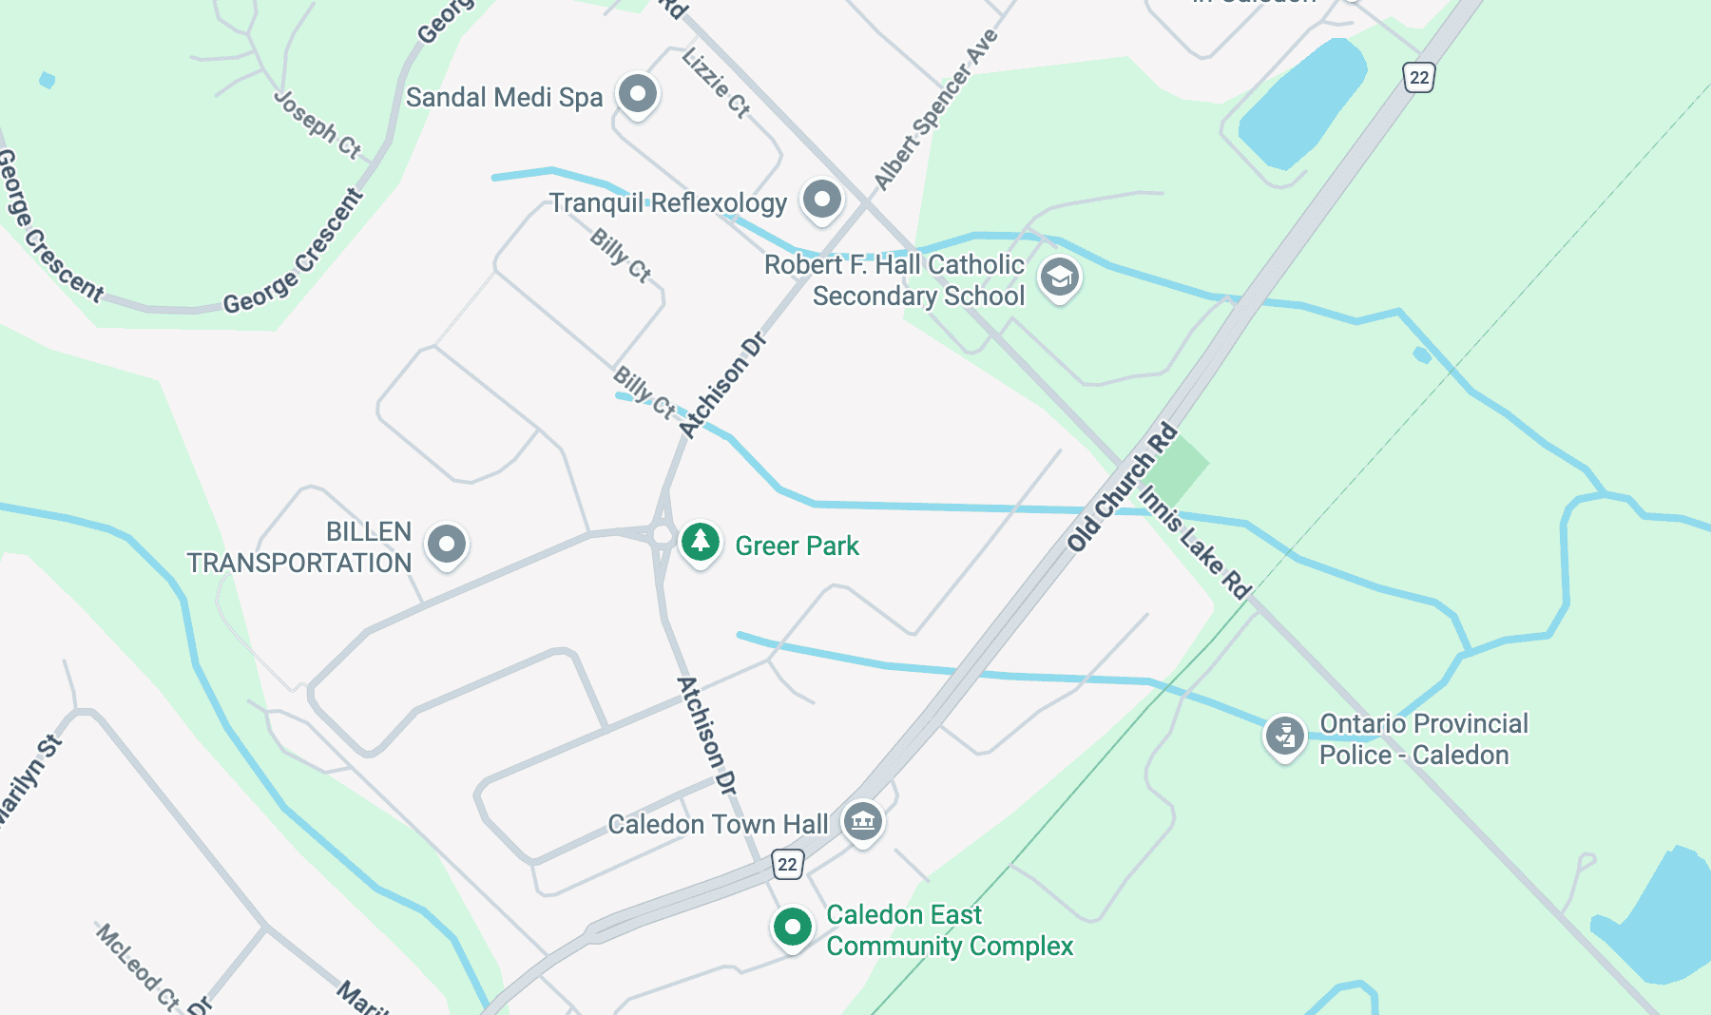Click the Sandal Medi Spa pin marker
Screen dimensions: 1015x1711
click(x=638, y=94)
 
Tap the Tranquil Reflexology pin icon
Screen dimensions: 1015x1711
click(x=822, y=200)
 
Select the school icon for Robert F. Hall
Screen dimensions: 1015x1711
click(x=1059, y=278)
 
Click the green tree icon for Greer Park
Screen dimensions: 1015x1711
click(x=701, y=543)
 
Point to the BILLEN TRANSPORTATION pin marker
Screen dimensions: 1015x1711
click(x=447, y=545)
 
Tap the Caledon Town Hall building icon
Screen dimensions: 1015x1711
click(x=862, y=820)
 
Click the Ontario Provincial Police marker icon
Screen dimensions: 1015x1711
click(x=1284, y=736)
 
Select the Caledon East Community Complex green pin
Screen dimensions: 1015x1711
click(x=792, y=927)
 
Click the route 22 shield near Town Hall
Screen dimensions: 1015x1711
click(x=787, y=864)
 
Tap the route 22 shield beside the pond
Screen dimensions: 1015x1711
click(x=1418, y=77)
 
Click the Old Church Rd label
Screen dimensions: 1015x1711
click(x=1122, y=488)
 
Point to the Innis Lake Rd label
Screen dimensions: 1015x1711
click(x=1195, y=543)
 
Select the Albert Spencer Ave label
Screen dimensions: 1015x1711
click(x=936, y=109)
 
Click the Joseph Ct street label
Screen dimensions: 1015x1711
click(x=317, y=124)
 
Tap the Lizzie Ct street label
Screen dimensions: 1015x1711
click(x=716, y=83)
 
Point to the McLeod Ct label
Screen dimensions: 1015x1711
click(x=137, y=966)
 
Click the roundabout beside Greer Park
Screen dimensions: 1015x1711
click(x=663, y=535)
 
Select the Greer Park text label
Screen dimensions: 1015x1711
click(x=797, y=546)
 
